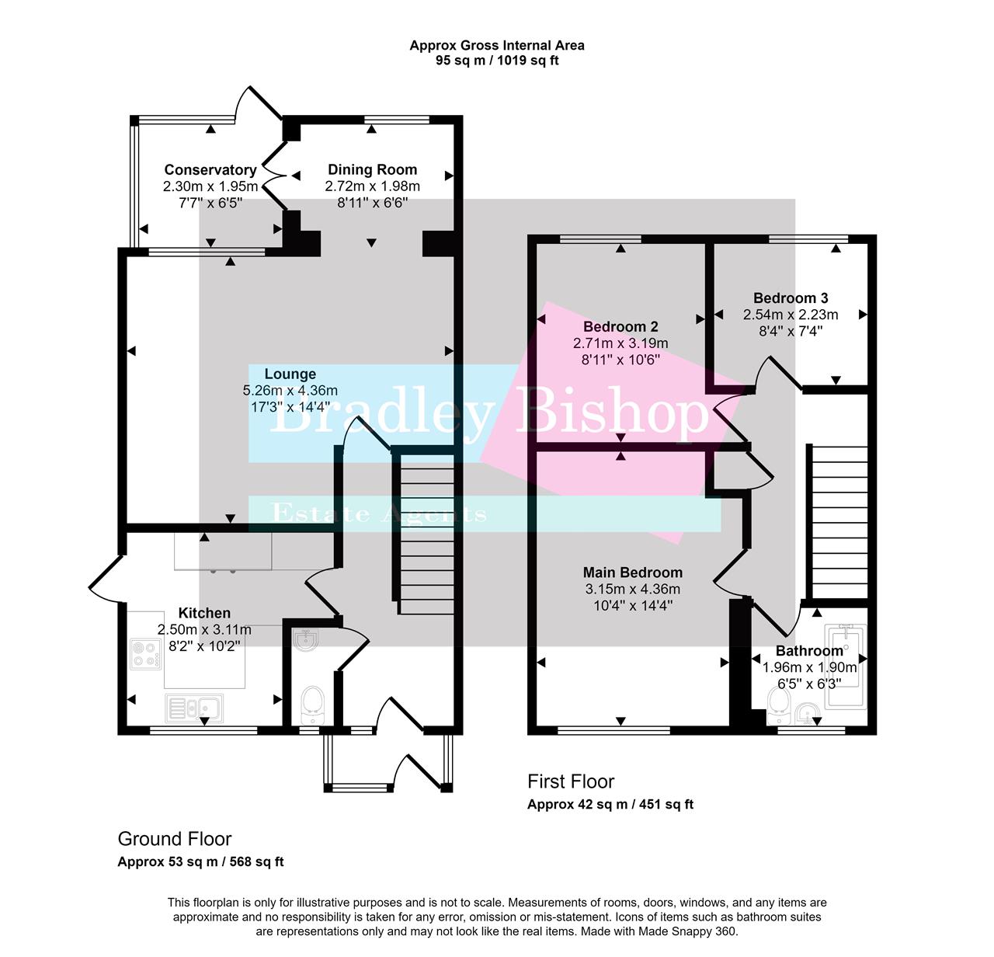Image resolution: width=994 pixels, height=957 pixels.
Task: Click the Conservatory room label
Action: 210,170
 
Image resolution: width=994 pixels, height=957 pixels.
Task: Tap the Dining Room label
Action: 372,169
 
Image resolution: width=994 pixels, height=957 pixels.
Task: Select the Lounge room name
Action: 290,374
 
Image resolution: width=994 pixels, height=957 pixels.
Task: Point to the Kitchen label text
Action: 204,613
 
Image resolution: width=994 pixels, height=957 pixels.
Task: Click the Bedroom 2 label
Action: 620,327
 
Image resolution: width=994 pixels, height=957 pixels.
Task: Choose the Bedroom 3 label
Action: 791,298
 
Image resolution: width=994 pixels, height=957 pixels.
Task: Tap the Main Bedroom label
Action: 633,572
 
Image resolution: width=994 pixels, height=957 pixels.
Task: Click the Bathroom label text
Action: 809,651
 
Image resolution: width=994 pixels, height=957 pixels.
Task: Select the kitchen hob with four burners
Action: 145,653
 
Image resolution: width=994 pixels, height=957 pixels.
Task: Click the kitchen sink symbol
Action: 194,708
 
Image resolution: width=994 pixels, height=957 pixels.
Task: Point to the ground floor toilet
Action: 312,701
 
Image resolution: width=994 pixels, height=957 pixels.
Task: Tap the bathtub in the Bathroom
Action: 845,666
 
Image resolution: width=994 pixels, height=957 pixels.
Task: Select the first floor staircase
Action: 839,521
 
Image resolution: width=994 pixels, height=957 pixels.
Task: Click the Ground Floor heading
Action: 175,839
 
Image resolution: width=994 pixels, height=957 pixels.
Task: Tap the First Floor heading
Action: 571,781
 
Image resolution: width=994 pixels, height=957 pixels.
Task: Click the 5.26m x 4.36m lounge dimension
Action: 290,391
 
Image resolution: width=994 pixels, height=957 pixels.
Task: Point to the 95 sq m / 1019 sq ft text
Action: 497,61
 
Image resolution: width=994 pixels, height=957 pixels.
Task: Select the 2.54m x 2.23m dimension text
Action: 791,315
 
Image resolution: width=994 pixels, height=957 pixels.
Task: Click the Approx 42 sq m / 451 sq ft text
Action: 610,805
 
